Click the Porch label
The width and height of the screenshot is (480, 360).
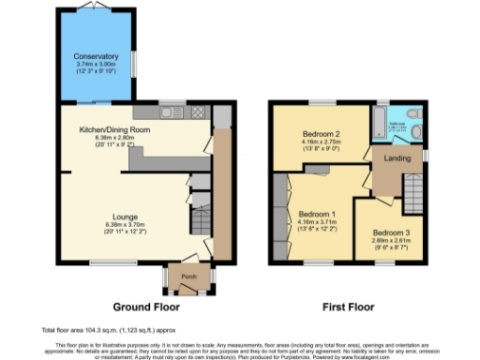point(187,277)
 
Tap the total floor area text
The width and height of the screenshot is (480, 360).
point(103,330)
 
